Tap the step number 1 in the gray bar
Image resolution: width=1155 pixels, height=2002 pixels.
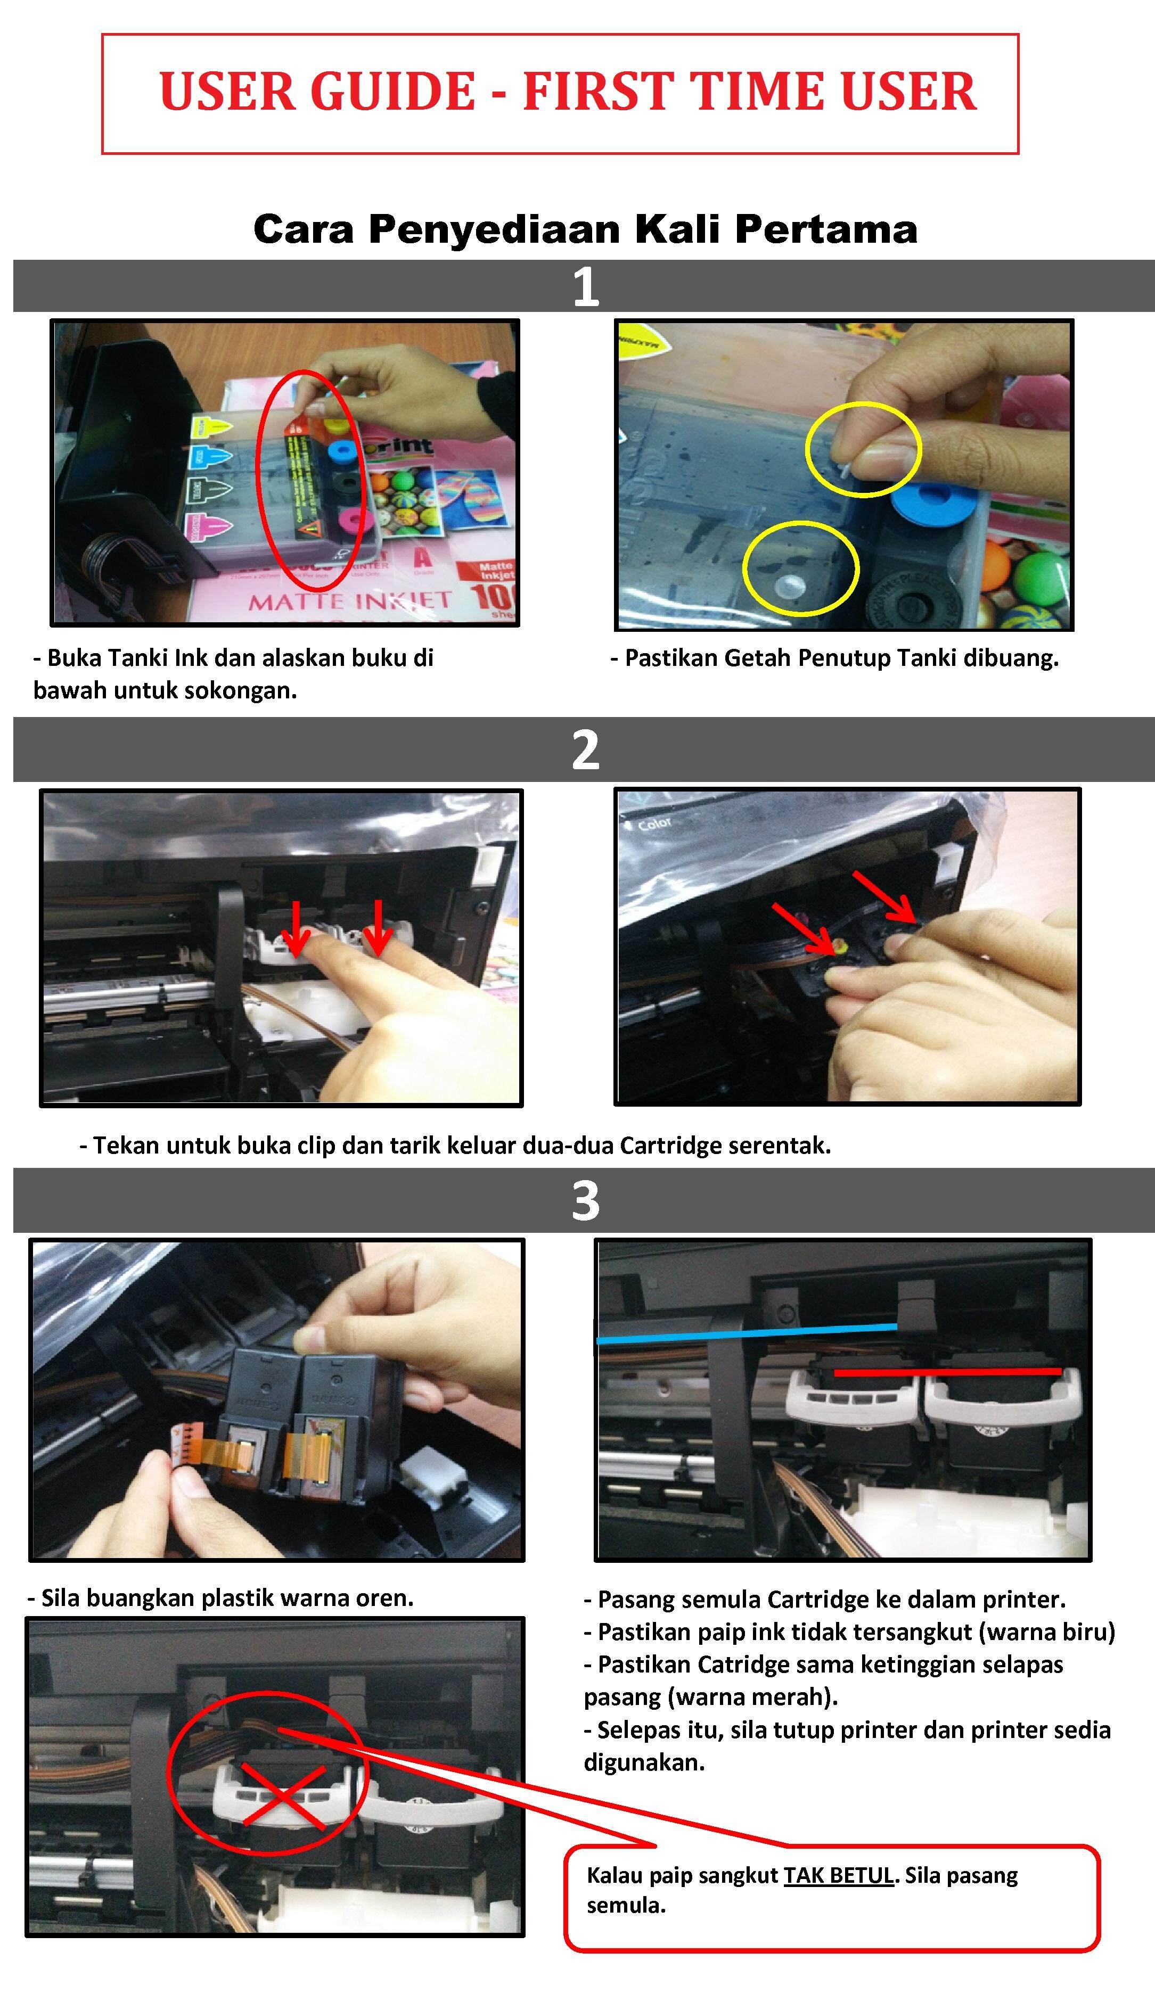pyautogui.click(x=585, y=286)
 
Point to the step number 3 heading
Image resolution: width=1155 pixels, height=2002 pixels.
pyautogui.click(x=585, y=1200)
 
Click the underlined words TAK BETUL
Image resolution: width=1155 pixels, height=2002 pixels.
pyautogui.click(x=839, y=1875)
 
